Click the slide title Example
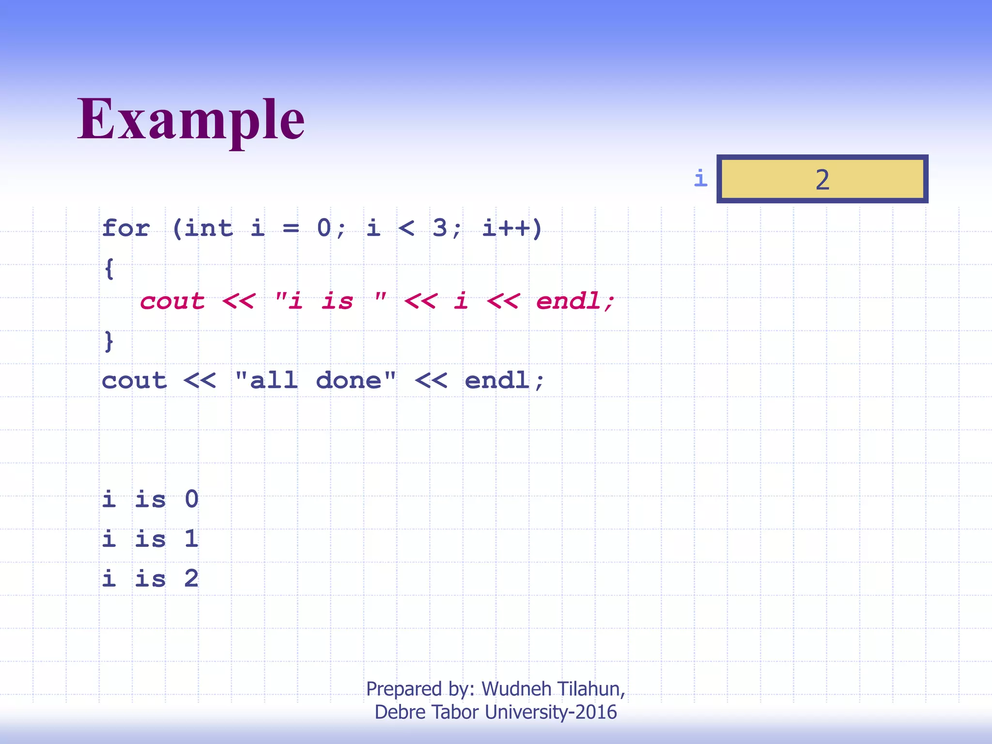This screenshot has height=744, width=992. point(191,119)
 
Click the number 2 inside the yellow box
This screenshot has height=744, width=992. point(822,180)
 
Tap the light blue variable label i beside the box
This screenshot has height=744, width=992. point(700,178)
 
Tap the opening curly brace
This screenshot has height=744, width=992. point(109,268)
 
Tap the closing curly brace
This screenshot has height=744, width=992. point(109,341)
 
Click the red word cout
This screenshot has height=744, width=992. point(172,301)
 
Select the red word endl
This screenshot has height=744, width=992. point(569,301)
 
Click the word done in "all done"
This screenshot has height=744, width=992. point(349,380)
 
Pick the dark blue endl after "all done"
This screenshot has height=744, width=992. point(497,380)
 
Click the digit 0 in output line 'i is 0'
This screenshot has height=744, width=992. point(192,499)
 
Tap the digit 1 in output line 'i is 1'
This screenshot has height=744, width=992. point(192,539)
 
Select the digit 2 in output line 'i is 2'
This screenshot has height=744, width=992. point(192,578)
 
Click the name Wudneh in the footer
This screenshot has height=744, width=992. point(516,689)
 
